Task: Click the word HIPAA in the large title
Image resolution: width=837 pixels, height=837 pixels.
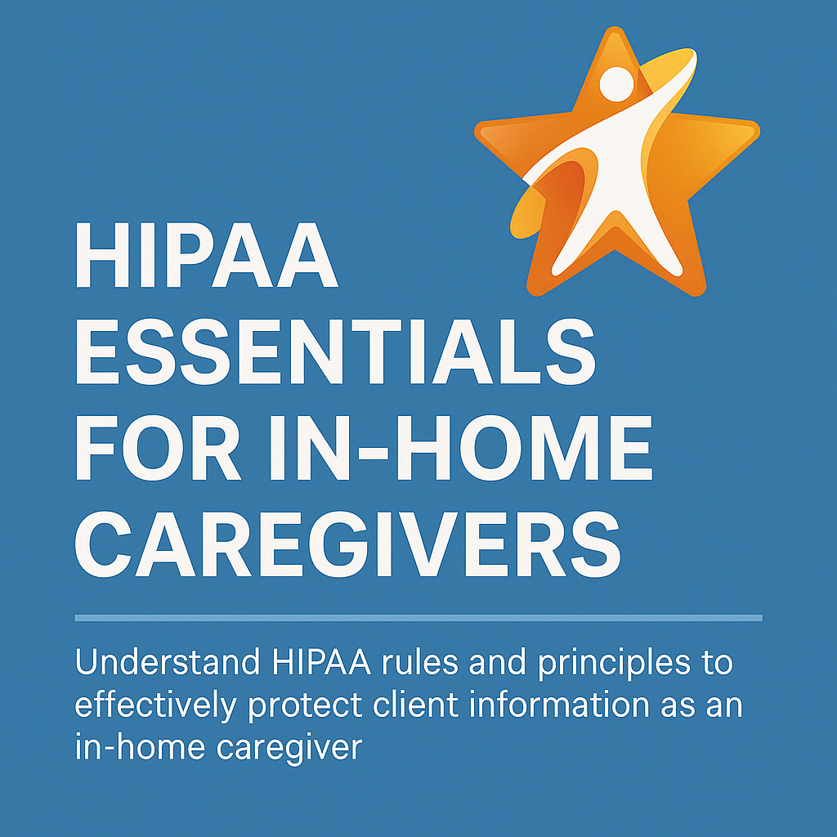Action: [207, 255]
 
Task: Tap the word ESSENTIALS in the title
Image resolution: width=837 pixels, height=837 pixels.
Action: [335, 351]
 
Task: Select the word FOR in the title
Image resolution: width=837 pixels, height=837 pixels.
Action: [158, 448]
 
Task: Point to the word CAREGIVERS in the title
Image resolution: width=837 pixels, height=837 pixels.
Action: [347, 544]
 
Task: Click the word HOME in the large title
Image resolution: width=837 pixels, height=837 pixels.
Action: [525, 448]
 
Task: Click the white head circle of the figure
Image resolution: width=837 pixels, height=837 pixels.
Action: [616, 84]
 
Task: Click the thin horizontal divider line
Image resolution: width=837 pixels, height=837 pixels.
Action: [418, 618]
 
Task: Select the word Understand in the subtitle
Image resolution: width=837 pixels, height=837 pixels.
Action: [167, 662]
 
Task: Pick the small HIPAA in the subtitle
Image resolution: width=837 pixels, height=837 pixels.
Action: [321, 662]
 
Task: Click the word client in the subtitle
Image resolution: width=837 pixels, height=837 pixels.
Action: [415, 705]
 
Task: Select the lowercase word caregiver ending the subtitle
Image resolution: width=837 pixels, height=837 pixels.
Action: [289, 750]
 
